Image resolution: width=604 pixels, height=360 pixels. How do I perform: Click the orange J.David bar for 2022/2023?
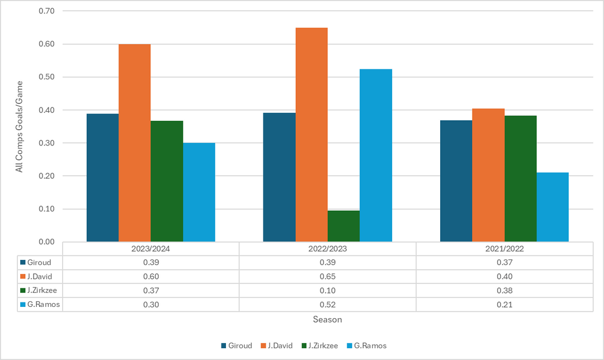point(312,135)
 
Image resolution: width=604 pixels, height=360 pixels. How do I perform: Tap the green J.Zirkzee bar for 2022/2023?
point(343,226)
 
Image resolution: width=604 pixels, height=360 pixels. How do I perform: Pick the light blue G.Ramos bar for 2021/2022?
point(553,207)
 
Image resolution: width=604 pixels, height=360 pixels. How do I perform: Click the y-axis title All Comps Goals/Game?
point(20,127)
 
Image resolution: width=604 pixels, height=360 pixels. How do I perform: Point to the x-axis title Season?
point(327,320)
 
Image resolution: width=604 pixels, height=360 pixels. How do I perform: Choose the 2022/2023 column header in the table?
point(327,248)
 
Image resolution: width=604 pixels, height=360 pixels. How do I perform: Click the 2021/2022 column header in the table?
point(504,248)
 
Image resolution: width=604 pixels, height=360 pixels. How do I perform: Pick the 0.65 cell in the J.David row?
point(327,276)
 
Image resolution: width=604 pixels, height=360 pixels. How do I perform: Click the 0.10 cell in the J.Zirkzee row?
point(327,291)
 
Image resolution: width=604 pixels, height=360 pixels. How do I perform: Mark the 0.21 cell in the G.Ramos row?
point(504,305)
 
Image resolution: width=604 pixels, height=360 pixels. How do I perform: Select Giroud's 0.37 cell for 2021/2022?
point(504,262)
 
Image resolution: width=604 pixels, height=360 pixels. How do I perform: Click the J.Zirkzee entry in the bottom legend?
point(319,345)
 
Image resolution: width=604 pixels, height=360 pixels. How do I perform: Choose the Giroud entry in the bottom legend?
point(237,345)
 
